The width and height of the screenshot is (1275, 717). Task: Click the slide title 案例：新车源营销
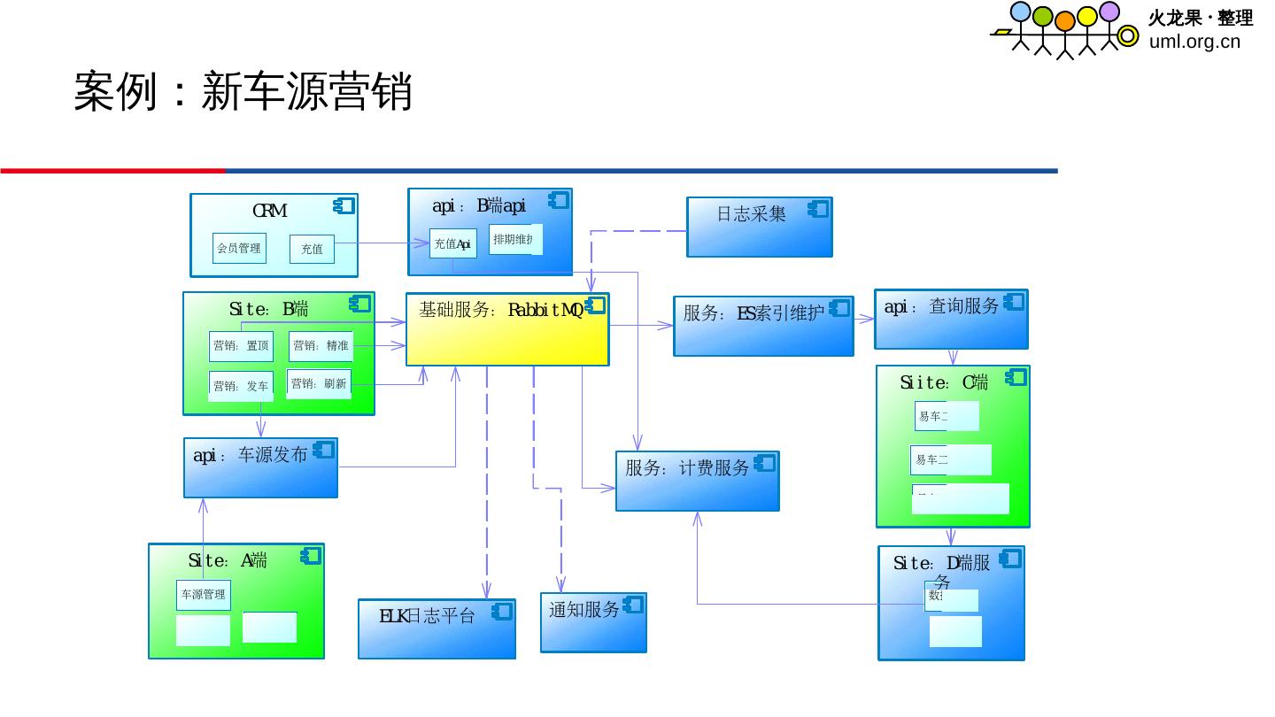click(243, 91)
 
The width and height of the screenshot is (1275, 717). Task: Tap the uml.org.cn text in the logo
click(1194, 42)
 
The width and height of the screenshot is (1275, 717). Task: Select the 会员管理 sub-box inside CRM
click(239, 248)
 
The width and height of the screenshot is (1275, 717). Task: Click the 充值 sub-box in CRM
click(312, 250)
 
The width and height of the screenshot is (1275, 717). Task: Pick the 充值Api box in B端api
click(452, 243)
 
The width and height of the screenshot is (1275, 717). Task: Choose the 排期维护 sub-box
click(514, 239)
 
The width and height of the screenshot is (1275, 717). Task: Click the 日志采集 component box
click(759, 227)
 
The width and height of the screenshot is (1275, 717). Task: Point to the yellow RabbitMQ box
click(507, 330)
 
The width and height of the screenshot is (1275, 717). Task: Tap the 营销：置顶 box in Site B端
click(241, 346)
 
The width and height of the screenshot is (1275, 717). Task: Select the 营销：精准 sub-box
click(321, 346)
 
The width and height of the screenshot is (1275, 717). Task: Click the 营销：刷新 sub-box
click(319, 384)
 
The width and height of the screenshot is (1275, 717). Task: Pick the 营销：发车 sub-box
click(241, 386)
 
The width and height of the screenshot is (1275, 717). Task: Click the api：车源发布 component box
click(260, 467)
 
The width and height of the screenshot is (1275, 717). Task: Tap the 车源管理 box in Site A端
click(203, 595)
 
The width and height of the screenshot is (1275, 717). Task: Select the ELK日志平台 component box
click(437, 628)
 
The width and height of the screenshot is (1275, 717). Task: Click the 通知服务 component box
click(593, 622)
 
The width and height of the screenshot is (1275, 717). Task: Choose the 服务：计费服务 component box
click(697, 481)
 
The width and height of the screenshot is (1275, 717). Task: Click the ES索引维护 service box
click(763, 326)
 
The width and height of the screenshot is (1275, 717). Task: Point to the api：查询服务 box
click(951, 319)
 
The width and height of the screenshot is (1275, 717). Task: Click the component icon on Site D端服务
click(1010, 559)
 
